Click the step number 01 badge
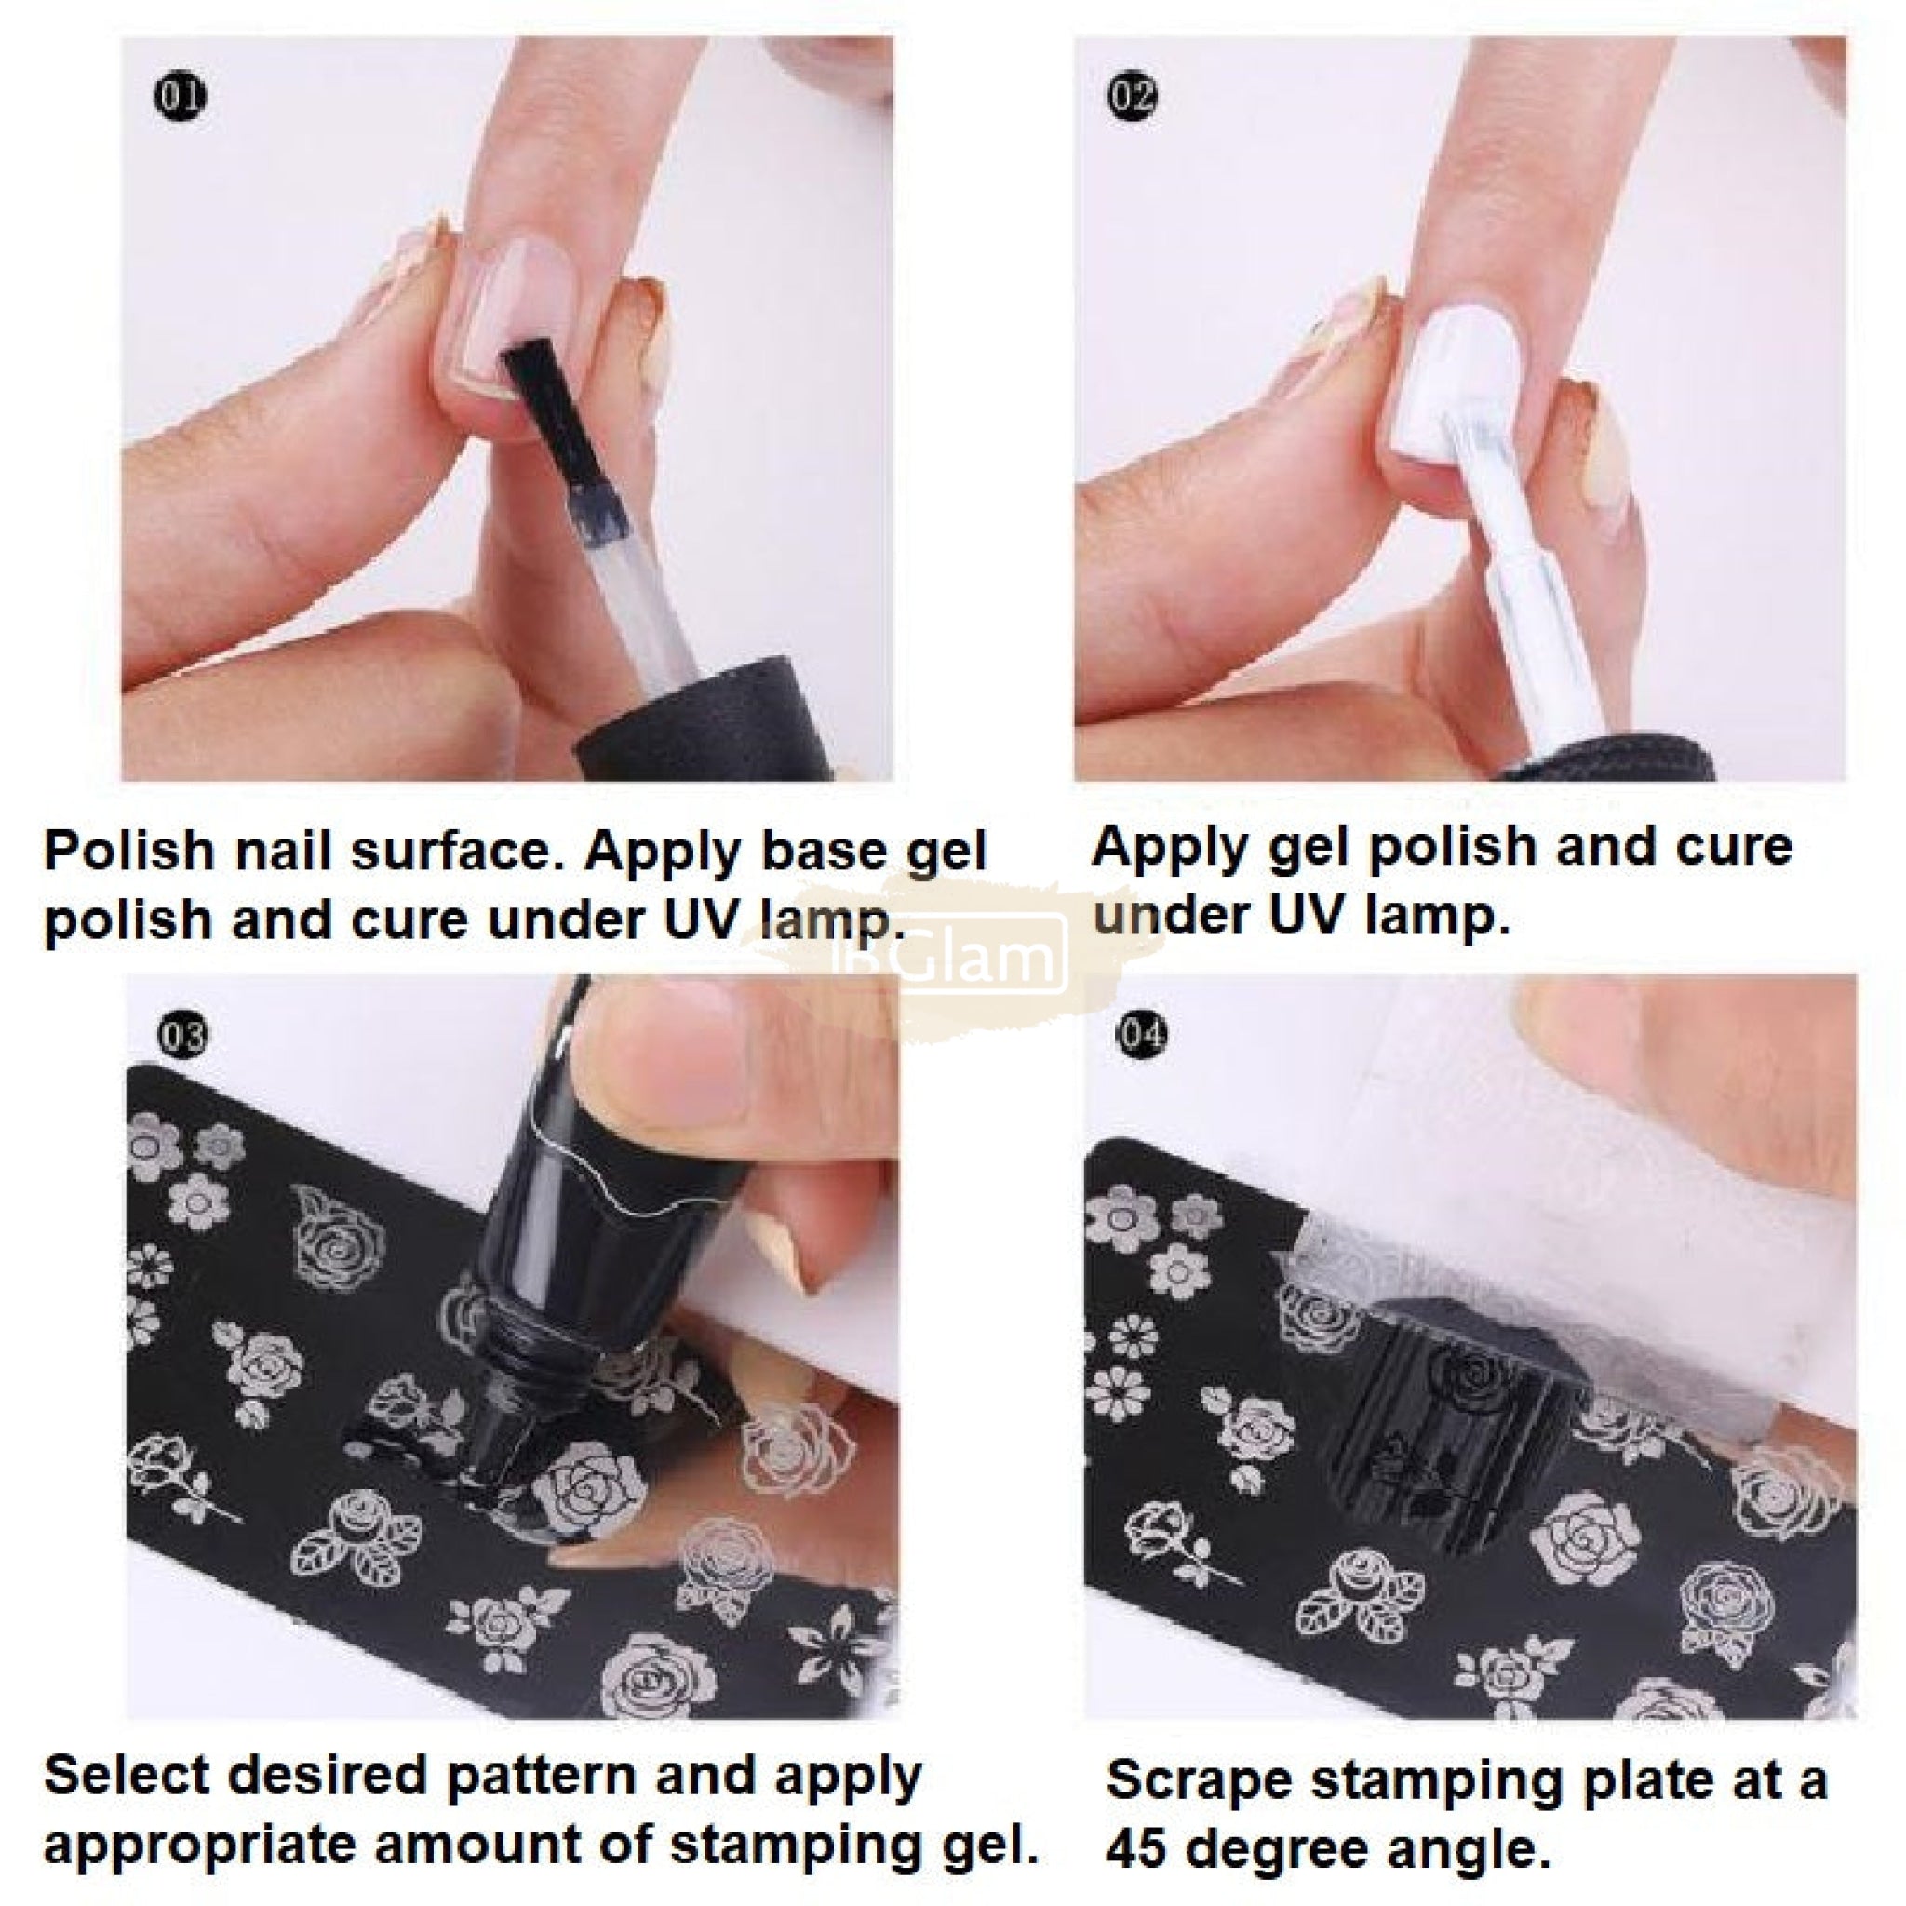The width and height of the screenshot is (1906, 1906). click(181, 97)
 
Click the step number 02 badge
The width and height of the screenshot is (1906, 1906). click(1133, 97)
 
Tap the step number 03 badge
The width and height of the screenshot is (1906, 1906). click(181, 1036)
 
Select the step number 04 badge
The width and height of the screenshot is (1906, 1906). click(1141, 1036)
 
